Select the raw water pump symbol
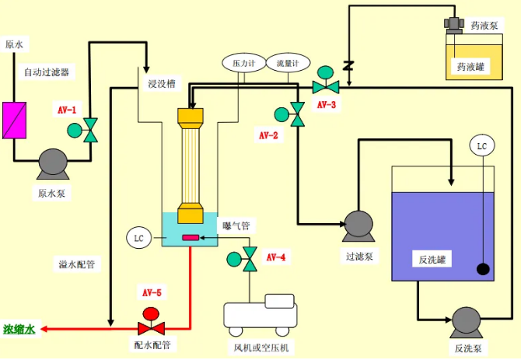pos(53,163)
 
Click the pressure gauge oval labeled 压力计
pos(239,62)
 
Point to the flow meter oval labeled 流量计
pos(288,62)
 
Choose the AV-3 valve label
pos(327,105)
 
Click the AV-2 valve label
pos(269,135)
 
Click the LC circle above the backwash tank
pos(481,146)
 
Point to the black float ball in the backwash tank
pos(483,269)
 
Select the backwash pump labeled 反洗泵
pos(466,322)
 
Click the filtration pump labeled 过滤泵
pos(359,226)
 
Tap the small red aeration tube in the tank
pos(191,238)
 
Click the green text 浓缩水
pos(19,330)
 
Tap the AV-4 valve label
pos(276,257)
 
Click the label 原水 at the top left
pos(14,44)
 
